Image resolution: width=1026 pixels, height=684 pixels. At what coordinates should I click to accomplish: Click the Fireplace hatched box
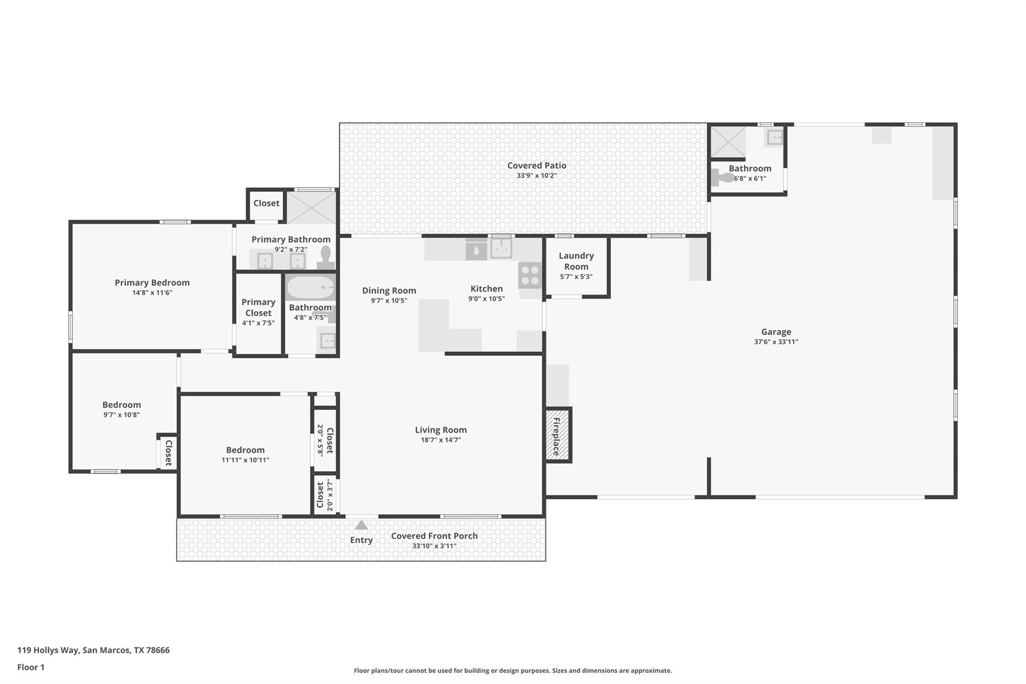[558, 434]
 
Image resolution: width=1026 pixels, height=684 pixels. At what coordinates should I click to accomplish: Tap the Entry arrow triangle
[361, 525]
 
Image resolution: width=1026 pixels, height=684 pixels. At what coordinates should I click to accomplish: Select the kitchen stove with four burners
[530, 275]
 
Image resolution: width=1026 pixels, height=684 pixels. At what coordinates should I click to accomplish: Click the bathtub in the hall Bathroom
[310, 288]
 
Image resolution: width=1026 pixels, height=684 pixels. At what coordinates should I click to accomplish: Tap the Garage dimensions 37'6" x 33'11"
[776, 342]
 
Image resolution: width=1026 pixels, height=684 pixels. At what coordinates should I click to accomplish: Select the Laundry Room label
[576, 261]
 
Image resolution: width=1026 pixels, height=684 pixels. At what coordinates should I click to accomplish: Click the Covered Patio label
[537, 165]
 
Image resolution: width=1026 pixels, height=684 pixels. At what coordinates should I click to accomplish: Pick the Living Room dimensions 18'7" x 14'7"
[440, 440]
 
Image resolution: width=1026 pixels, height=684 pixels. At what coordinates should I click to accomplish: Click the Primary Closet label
[258, 307]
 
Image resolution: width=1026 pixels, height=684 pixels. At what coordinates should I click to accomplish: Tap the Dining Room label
[389, 291]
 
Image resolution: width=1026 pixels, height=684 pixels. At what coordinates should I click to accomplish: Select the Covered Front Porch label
[434, 536]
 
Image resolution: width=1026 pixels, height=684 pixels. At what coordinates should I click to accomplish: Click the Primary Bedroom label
[152, 283]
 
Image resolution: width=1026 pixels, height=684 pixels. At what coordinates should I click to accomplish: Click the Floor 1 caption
[31, 667]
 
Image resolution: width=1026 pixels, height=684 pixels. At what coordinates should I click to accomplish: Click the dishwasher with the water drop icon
[476, 250]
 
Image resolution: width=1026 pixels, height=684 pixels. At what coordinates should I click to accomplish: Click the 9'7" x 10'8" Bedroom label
[121, 405]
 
